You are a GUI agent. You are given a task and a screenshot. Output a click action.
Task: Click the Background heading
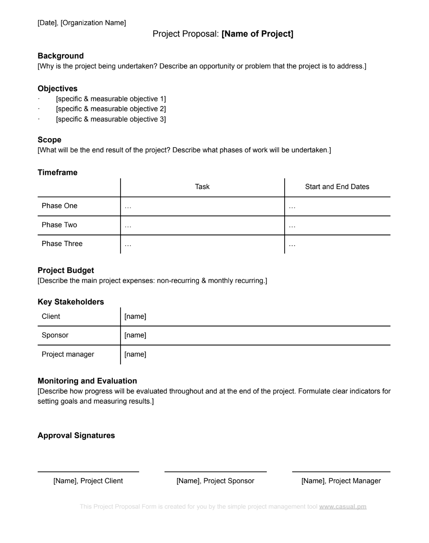[61, 56]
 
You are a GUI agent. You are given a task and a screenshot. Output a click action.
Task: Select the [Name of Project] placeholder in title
[257, 34]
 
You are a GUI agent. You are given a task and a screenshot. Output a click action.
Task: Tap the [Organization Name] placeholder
[93, 23]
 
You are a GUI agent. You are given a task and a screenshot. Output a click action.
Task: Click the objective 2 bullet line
[111, 109]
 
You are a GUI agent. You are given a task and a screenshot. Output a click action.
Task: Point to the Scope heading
[49, 140]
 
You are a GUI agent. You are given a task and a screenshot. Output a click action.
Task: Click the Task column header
[202, 187]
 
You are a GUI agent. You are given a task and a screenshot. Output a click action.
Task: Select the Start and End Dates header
[337, 187]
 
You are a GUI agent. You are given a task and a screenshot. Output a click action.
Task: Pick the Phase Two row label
[59, 225]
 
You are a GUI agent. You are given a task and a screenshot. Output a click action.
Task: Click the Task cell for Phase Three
[202, 244]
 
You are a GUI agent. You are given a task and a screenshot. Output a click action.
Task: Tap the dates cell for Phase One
[337, 206]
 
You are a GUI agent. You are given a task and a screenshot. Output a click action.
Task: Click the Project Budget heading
[66, 271]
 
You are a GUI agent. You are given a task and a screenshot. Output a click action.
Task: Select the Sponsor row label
[55, 335]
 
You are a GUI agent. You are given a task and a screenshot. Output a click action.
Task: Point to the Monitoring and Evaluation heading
[87, 381]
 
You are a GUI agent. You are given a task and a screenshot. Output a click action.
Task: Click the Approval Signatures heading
[76, 436]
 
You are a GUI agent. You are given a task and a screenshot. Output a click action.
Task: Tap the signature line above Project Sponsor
[216, 471]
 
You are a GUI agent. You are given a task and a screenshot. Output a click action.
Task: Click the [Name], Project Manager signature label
[341, 481]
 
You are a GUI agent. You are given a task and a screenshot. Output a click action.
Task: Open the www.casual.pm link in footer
[342, 507]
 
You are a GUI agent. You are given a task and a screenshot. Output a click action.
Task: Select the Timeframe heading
[57, 173]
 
